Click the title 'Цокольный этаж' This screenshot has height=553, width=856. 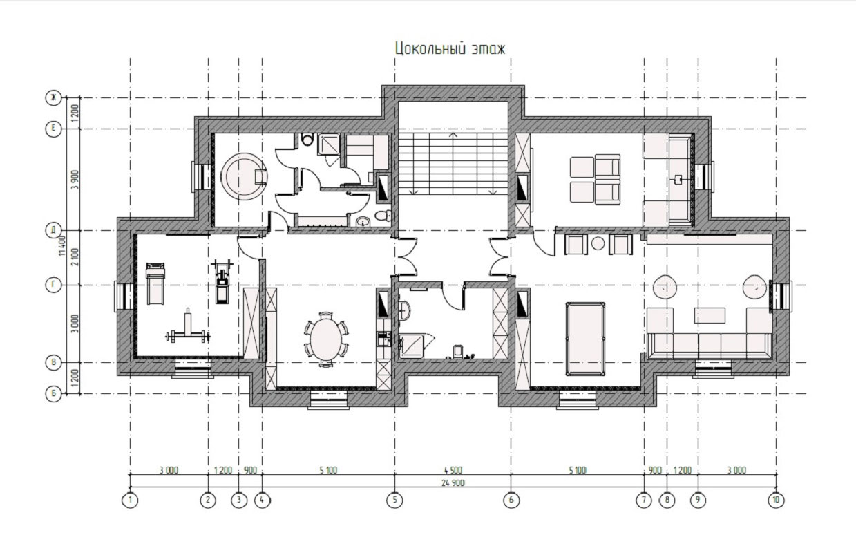tap(450, 49)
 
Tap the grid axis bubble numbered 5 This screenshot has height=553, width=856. tap(394, 500)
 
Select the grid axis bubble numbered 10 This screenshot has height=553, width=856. tap(776, 500)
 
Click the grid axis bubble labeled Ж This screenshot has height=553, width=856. tap(53, 98)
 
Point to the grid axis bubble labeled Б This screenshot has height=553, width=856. tap(53, 394)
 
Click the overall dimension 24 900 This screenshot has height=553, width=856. tap(453, 483)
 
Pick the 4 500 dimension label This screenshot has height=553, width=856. tap(453, 470)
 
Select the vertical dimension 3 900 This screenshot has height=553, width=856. tap(76, 179)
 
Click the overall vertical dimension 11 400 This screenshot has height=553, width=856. tap(63, 246)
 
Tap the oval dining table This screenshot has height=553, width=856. tap(326, 339)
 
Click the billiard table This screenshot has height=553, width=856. tap(585, 339)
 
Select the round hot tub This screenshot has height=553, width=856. tap(244, 176)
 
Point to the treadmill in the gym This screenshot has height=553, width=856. tap(155, 283)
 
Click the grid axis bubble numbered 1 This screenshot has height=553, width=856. tap(130, 500)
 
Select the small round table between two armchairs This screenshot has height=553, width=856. tap(598, 243)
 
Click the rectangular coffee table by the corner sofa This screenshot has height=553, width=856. tap(710, 315)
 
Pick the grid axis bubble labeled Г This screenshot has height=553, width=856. tap(53, 285)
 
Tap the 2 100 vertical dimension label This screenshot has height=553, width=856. tap(76, 257)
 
